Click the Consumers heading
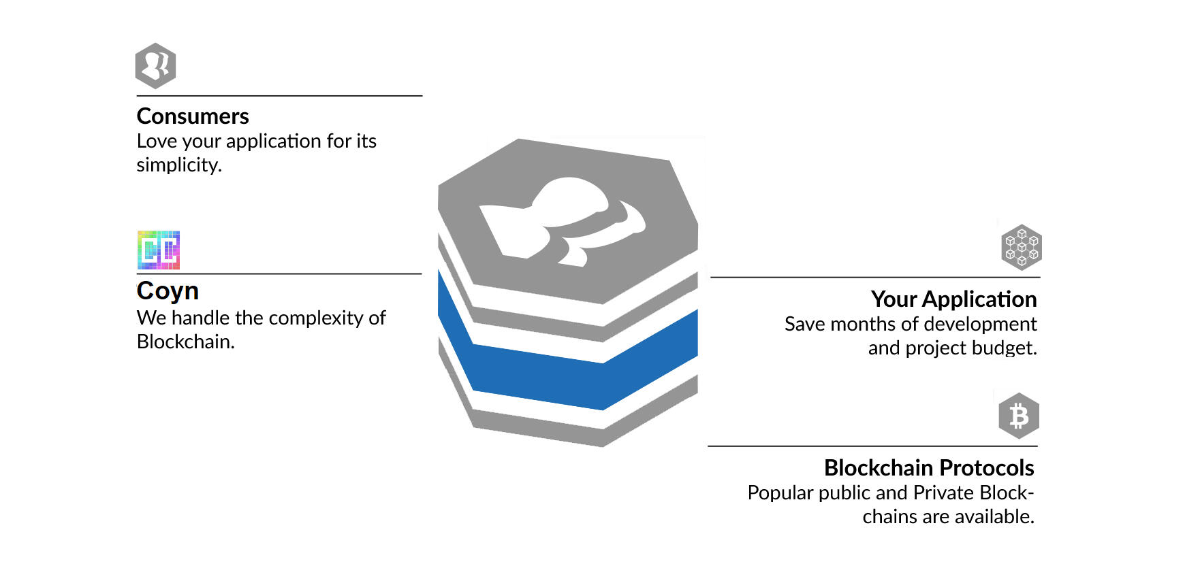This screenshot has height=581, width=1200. (x=193, y=116)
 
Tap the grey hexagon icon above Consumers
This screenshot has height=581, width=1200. (x=155, y=66)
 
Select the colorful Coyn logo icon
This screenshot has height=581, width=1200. (x=159, y=250)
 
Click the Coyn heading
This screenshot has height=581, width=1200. (x=168, y=291)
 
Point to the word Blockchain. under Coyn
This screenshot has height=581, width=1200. (x=185, y=342)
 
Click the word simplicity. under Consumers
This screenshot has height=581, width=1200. (x=179, y=165)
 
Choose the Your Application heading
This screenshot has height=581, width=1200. (x=953, y=299)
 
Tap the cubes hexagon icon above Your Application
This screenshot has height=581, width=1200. (x=1022, y=247)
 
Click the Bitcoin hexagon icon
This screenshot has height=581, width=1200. (x=1019, y=416)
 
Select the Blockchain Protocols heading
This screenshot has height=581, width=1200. (x=929, y=468)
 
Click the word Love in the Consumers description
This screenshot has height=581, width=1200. (x=157, y=141)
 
